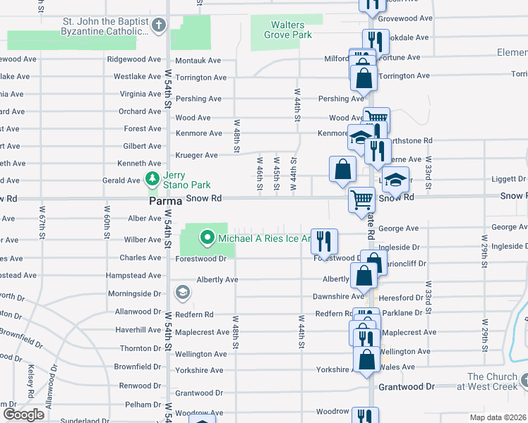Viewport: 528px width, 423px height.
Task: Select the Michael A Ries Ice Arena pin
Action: click(207, 238)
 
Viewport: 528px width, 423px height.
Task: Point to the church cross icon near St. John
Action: click(159, 27)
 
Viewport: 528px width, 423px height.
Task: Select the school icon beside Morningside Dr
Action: click(182, 292)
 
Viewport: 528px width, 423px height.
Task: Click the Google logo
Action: click(23, 415)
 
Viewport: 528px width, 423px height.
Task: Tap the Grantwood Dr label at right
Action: click(408, 387)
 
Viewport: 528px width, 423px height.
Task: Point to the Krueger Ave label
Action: click(201, 155)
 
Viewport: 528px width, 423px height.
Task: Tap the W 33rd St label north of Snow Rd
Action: click(428, 171)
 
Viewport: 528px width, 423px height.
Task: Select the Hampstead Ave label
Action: click(134, 276)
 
